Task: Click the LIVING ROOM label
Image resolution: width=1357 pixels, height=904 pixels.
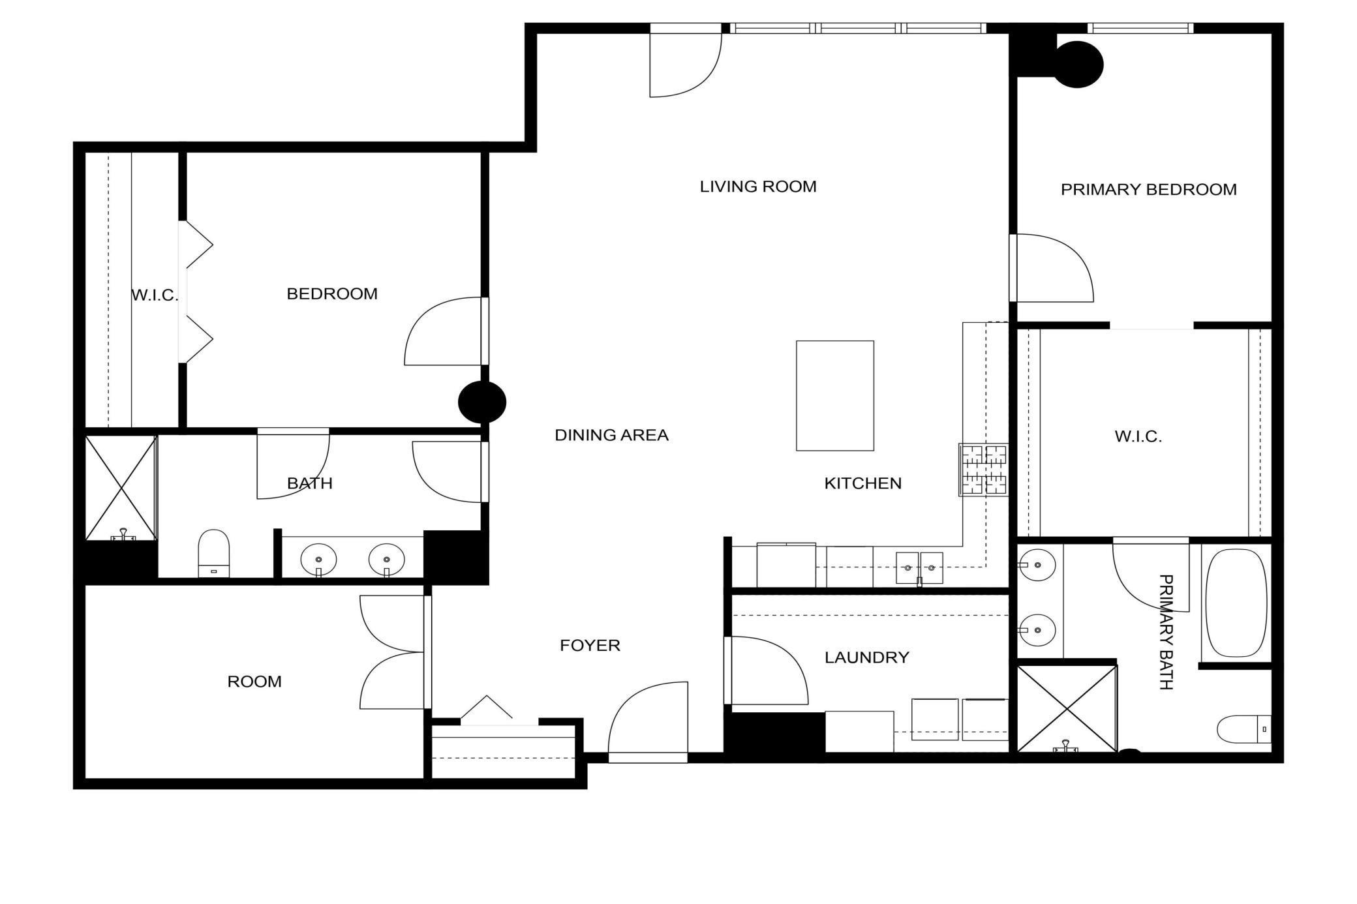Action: tap(758, 187)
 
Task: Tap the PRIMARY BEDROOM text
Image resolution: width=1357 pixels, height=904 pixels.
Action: tap(1149, 190)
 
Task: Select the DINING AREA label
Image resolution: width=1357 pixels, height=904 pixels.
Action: tap(611, 435)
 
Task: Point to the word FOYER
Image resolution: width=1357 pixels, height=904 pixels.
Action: tap(590, 645)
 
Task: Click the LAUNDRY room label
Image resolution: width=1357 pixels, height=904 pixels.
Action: tap(867, 657)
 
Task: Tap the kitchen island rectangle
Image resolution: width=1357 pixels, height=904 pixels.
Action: tap(835, 396)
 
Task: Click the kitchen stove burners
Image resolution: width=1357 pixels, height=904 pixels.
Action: tap(984, 470)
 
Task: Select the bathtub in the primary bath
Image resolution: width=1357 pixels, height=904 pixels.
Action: tap(1236, 603)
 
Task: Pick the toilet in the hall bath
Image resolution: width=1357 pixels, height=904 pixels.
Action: tap(214, 553)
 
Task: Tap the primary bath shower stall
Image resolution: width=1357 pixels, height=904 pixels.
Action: tap(1067, 709)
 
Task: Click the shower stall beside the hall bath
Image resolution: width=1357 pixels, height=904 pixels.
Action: tap(121, 488)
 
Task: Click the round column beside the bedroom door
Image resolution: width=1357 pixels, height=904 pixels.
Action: tap(482, 402)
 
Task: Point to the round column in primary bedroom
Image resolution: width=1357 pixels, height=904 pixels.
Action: tap(1079, 65)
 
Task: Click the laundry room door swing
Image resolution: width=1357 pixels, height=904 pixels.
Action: tap(767, 670)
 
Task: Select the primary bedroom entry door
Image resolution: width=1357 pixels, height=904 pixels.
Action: tap(1052, 268)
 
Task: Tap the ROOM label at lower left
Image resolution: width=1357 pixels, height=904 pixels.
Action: tap(254, 682)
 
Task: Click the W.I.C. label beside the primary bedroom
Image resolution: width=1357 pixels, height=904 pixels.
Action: tap(1138, 436)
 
